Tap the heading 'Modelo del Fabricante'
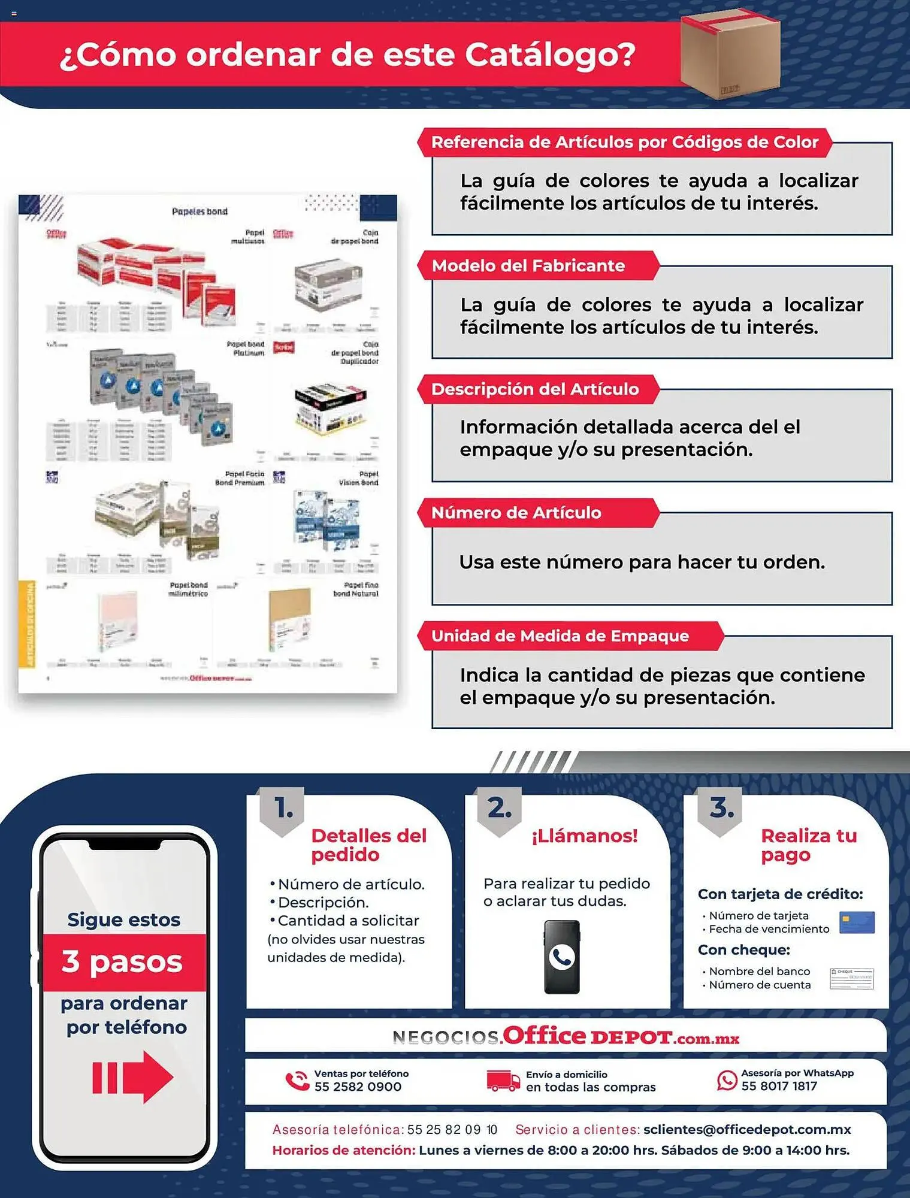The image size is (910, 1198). click(528, 266)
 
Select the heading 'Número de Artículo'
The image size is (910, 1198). click(516, 513)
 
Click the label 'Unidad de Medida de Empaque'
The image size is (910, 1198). click(560, 636)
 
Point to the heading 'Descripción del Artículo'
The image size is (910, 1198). click(535, 389)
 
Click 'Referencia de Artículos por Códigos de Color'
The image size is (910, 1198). click(624, 143)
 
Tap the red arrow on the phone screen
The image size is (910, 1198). click(133, 1077)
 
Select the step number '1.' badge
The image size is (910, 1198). click(282, 809)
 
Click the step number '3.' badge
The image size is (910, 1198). click(721, 809)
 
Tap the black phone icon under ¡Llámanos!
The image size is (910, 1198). click(562, 957)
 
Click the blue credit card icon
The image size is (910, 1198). click(857, 922)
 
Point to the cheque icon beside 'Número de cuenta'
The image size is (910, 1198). click(851, 978)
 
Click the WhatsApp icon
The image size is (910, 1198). click(727, 1080)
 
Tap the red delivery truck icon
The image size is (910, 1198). click(503, 1081)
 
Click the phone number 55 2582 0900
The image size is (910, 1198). click(358, 1087)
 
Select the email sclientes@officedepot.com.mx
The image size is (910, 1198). click(747, 1129)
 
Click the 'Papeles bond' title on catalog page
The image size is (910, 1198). click(199, 211)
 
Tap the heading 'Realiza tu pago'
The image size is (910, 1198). click(808, 845)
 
